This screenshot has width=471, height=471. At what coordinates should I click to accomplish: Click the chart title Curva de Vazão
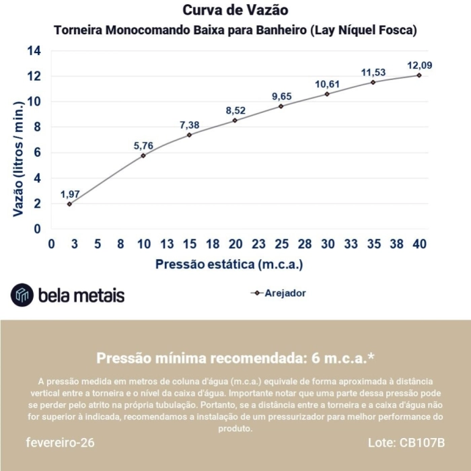click(x=235, y=11)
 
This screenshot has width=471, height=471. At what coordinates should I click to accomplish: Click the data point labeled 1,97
click(x=69, y=203)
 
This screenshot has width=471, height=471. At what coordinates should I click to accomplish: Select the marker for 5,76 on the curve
click(x=143, y=155)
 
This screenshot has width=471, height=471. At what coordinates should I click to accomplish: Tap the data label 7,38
click(x=190, y=125)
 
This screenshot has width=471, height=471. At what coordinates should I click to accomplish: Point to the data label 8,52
click(x=235, y=110)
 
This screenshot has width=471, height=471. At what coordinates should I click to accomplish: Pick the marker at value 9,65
click(x=281, y=106)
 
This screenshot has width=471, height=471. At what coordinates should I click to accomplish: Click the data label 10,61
click(x=327, y=84)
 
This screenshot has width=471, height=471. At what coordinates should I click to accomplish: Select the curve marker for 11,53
click(x=373, y=82)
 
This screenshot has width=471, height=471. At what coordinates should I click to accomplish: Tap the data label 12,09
click(x=419, y=65)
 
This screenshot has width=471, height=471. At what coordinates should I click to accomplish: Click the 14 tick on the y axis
click(x=34, y=51)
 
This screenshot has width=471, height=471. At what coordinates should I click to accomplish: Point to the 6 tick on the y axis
click(x=37, y=153)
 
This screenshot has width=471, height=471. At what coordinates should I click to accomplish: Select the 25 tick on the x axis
click(x=281, y=244)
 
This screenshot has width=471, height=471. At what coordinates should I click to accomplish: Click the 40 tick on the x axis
click(x=419, y=244)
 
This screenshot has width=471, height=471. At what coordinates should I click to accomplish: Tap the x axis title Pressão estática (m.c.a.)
click(x=229, y=264)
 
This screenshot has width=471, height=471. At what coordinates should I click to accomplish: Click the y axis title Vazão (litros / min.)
click(x=19, y=157)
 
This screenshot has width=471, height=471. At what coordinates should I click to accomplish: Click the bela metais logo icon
click(x=22, y=295)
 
